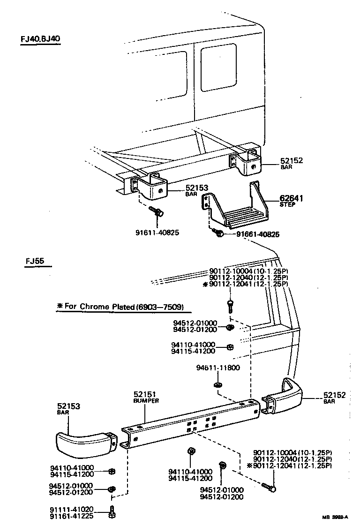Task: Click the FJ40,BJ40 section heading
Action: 40,39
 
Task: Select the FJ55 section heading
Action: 36,261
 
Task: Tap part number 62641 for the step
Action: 291,198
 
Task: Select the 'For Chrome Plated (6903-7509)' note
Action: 123,307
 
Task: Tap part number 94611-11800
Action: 217,368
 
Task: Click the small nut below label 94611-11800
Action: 217,385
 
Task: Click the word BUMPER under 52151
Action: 146,401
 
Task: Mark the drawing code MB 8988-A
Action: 335,517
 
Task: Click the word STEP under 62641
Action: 287,205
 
